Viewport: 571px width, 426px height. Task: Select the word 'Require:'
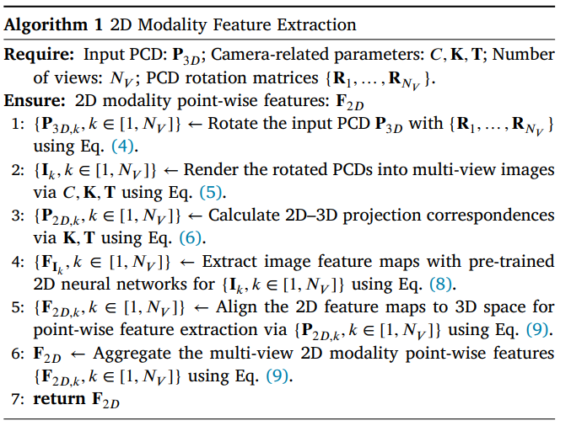pos(40,55)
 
